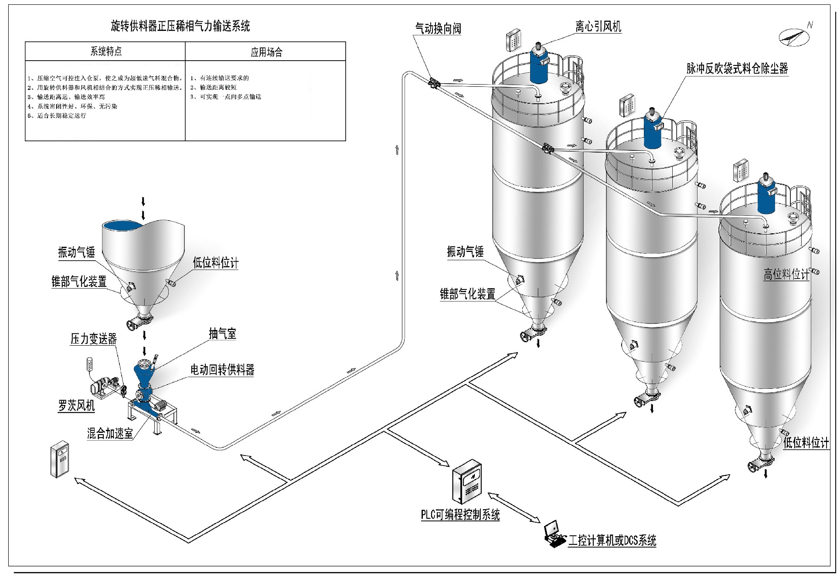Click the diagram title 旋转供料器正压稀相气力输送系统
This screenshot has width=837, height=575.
point(180,26)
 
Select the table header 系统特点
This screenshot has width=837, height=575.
point(106,51)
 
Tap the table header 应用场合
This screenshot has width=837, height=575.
point(266,52)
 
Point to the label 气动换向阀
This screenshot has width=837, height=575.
point(438,29)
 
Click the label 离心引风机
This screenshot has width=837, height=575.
point(598,27)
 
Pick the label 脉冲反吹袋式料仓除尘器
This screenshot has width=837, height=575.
point(737,68)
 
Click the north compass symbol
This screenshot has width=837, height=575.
point(795,36)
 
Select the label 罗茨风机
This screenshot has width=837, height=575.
point(76,406)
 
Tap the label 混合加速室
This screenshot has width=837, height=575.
point(110,433)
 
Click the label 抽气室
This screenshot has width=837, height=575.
point(222,334)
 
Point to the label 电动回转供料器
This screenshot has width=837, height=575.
point(222,370)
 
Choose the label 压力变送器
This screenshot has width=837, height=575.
point(94,339)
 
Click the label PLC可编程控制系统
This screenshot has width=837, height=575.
point(460,515)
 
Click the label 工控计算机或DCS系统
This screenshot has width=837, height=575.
point(612,541)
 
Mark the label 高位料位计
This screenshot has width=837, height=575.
point(786,274)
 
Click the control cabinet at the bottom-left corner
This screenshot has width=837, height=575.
point(60,459)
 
